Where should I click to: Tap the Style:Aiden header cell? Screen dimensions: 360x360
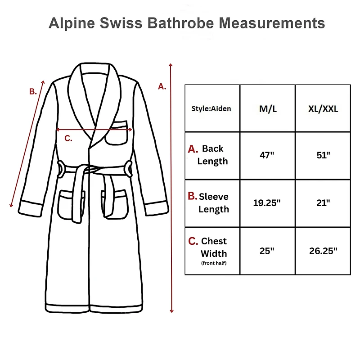coord(211,108)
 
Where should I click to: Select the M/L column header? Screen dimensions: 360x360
coord(267,108)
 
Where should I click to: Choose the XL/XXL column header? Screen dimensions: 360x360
coord(323,108)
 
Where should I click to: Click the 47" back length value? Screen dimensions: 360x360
coord(267,155)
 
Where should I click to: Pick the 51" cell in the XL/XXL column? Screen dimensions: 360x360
coord(323,155)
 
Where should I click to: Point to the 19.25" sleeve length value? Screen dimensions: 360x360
coord(267,202)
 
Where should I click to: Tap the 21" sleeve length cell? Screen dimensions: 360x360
coord(323,202)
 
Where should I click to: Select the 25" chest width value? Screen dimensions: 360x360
coord(267,251)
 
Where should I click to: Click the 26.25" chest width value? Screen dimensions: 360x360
coord(323,251)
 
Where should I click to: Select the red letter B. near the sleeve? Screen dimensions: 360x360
coord(33,91)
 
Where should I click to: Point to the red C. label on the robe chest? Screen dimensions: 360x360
coord(68,138)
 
